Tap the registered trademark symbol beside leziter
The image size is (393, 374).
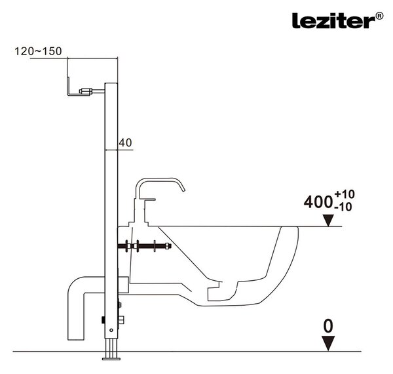(x=380, y=16)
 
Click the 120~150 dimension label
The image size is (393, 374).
(x=38, y=51)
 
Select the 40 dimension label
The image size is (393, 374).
(x=125, y=143)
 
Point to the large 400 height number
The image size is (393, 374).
(x=318, y=202)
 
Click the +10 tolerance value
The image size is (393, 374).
(x=345, y=194)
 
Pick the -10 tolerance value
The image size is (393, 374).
(x=343, y=207)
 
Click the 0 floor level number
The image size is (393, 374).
(x=328, y=326)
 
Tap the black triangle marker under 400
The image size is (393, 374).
(x=328, y=220)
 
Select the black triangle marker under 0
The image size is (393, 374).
(x=328, y=344)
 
